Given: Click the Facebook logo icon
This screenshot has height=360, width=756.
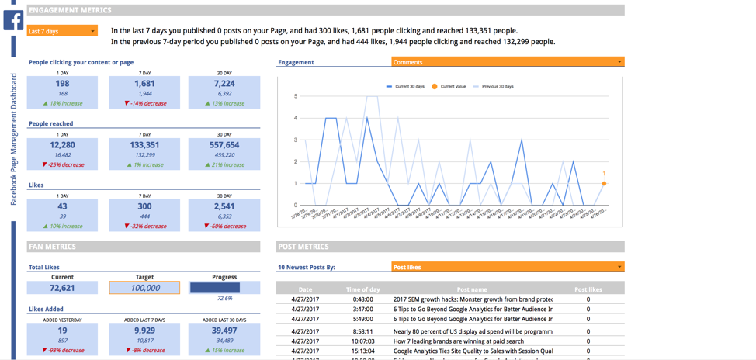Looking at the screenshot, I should [x=13, y=20].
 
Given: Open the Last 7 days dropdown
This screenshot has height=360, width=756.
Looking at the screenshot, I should [x=62, y=31].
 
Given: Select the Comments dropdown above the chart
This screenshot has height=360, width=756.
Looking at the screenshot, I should [x=508, y=62].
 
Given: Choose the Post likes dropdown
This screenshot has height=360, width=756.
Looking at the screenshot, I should [x=508, y=267].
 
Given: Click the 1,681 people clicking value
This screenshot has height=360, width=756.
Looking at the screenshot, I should [x=144, y=83].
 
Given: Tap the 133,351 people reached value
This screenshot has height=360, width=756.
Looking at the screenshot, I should [x=144, y=145].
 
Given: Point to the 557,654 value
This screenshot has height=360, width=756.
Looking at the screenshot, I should [x=224, y=145].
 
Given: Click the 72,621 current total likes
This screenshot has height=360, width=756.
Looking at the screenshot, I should [x=62, y=288].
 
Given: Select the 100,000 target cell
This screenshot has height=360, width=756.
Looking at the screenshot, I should [x=144, y=288].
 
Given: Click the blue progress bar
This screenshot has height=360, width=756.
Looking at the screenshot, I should [x=214, y=288].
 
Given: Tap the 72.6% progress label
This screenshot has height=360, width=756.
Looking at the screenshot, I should [x=224, y=299].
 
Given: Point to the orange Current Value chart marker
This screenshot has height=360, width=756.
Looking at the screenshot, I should [x=604, y=184].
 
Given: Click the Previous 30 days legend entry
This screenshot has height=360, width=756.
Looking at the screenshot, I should [x=498, y=87].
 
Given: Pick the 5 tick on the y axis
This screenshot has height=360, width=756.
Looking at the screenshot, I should [x=295, y=96].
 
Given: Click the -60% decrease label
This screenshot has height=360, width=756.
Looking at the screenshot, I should [x=224, y=227].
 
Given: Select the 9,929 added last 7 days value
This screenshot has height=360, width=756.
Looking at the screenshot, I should [x=144, y=331].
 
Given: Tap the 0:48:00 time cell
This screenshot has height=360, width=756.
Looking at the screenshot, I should [x=362, y=299].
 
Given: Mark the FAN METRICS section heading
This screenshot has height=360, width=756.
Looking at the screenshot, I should [x=53, y=247].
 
